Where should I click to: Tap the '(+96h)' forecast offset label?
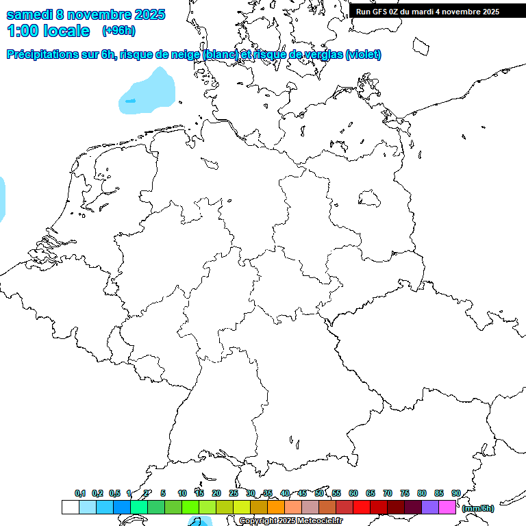[x=118, y=31]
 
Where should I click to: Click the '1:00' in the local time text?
[x=21, y=31]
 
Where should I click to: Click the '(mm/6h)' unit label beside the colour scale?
[x=478, y=508]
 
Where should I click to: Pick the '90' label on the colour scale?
[x=456, y=493]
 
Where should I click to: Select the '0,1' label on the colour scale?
[x=80, y=493]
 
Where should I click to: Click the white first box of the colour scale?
[x=70, y=507]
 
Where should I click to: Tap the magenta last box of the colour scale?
[x=447, y=507]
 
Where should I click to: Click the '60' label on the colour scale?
[x=353, y=493]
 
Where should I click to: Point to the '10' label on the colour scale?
[x=182, y=493]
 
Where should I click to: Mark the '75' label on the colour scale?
[x=405, y=493]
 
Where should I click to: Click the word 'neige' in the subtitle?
[x=184, y=55]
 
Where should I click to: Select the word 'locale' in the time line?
[x=67, y=31]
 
